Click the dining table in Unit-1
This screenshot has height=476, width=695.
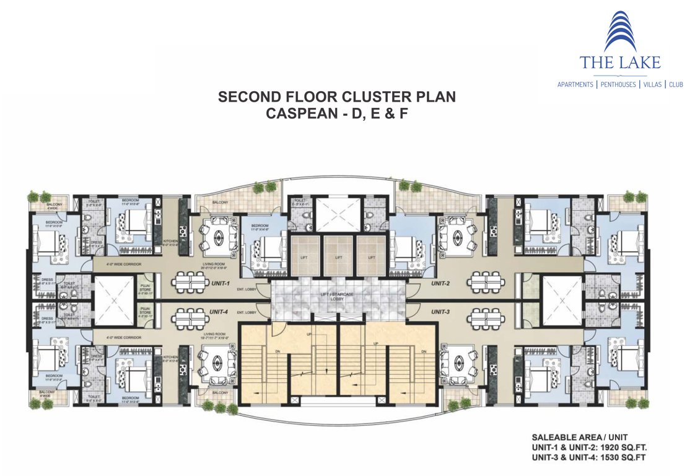(x=189, y=283)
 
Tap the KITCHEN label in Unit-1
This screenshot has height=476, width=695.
(x=171, y=240)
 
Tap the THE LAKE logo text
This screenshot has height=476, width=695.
(x=619, y=62)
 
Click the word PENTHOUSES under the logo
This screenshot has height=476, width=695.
(x=619, y=84)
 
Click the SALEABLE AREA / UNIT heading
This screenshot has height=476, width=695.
(x=574, y=437)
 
